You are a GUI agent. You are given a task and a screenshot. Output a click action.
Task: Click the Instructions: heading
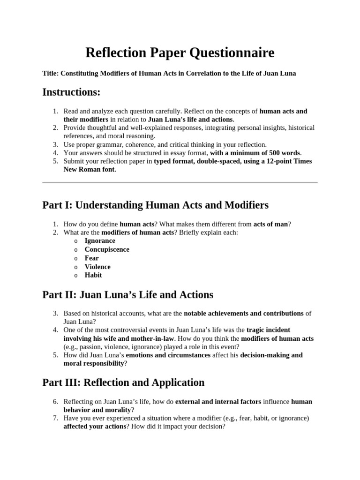(x=71, y=92)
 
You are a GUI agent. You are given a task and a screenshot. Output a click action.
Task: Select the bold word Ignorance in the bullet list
(x=100, y=240)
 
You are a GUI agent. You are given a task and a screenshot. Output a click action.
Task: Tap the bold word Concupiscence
(x=107, y=249)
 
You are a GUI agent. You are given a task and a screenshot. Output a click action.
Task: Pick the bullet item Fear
(x=92, y=258)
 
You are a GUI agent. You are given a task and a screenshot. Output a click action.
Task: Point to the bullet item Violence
(x=97, y=267)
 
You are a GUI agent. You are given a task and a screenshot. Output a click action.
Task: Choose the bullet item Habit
(x=93, y=275)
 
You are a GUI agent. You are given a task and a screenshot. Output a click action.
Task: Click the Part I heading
(x=155, y=205)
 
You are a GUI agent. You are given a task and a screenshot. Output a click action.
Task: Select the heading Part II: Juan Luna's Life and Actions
(x=127, y=294)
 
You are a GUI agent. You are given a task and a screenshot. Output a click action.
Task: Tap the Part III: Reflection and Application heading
(x=123, y=382)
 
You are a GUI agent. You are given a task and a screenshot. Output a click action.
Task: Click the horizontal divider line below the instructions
(x=180, y=182)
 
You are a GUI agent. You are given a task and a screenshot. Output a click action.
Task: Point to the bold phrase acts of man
(x=270, y=224)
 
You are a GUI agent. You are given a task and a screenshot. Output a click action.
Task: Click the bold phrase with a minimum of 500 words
(x=255, y=152)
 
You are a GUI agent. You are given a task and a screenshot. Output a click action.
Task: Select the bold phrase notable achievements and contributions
(x=244, y=313)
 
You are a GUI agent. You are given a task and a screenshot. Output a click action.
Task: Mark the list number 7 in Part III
(x=55, y=418)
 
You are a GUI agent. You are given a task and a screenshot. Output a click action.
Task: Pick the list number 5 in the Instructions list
(x=55, y=161)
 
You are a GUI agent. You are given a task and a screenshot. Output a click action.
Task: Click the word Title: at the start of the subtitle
(x=50, y=74)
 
